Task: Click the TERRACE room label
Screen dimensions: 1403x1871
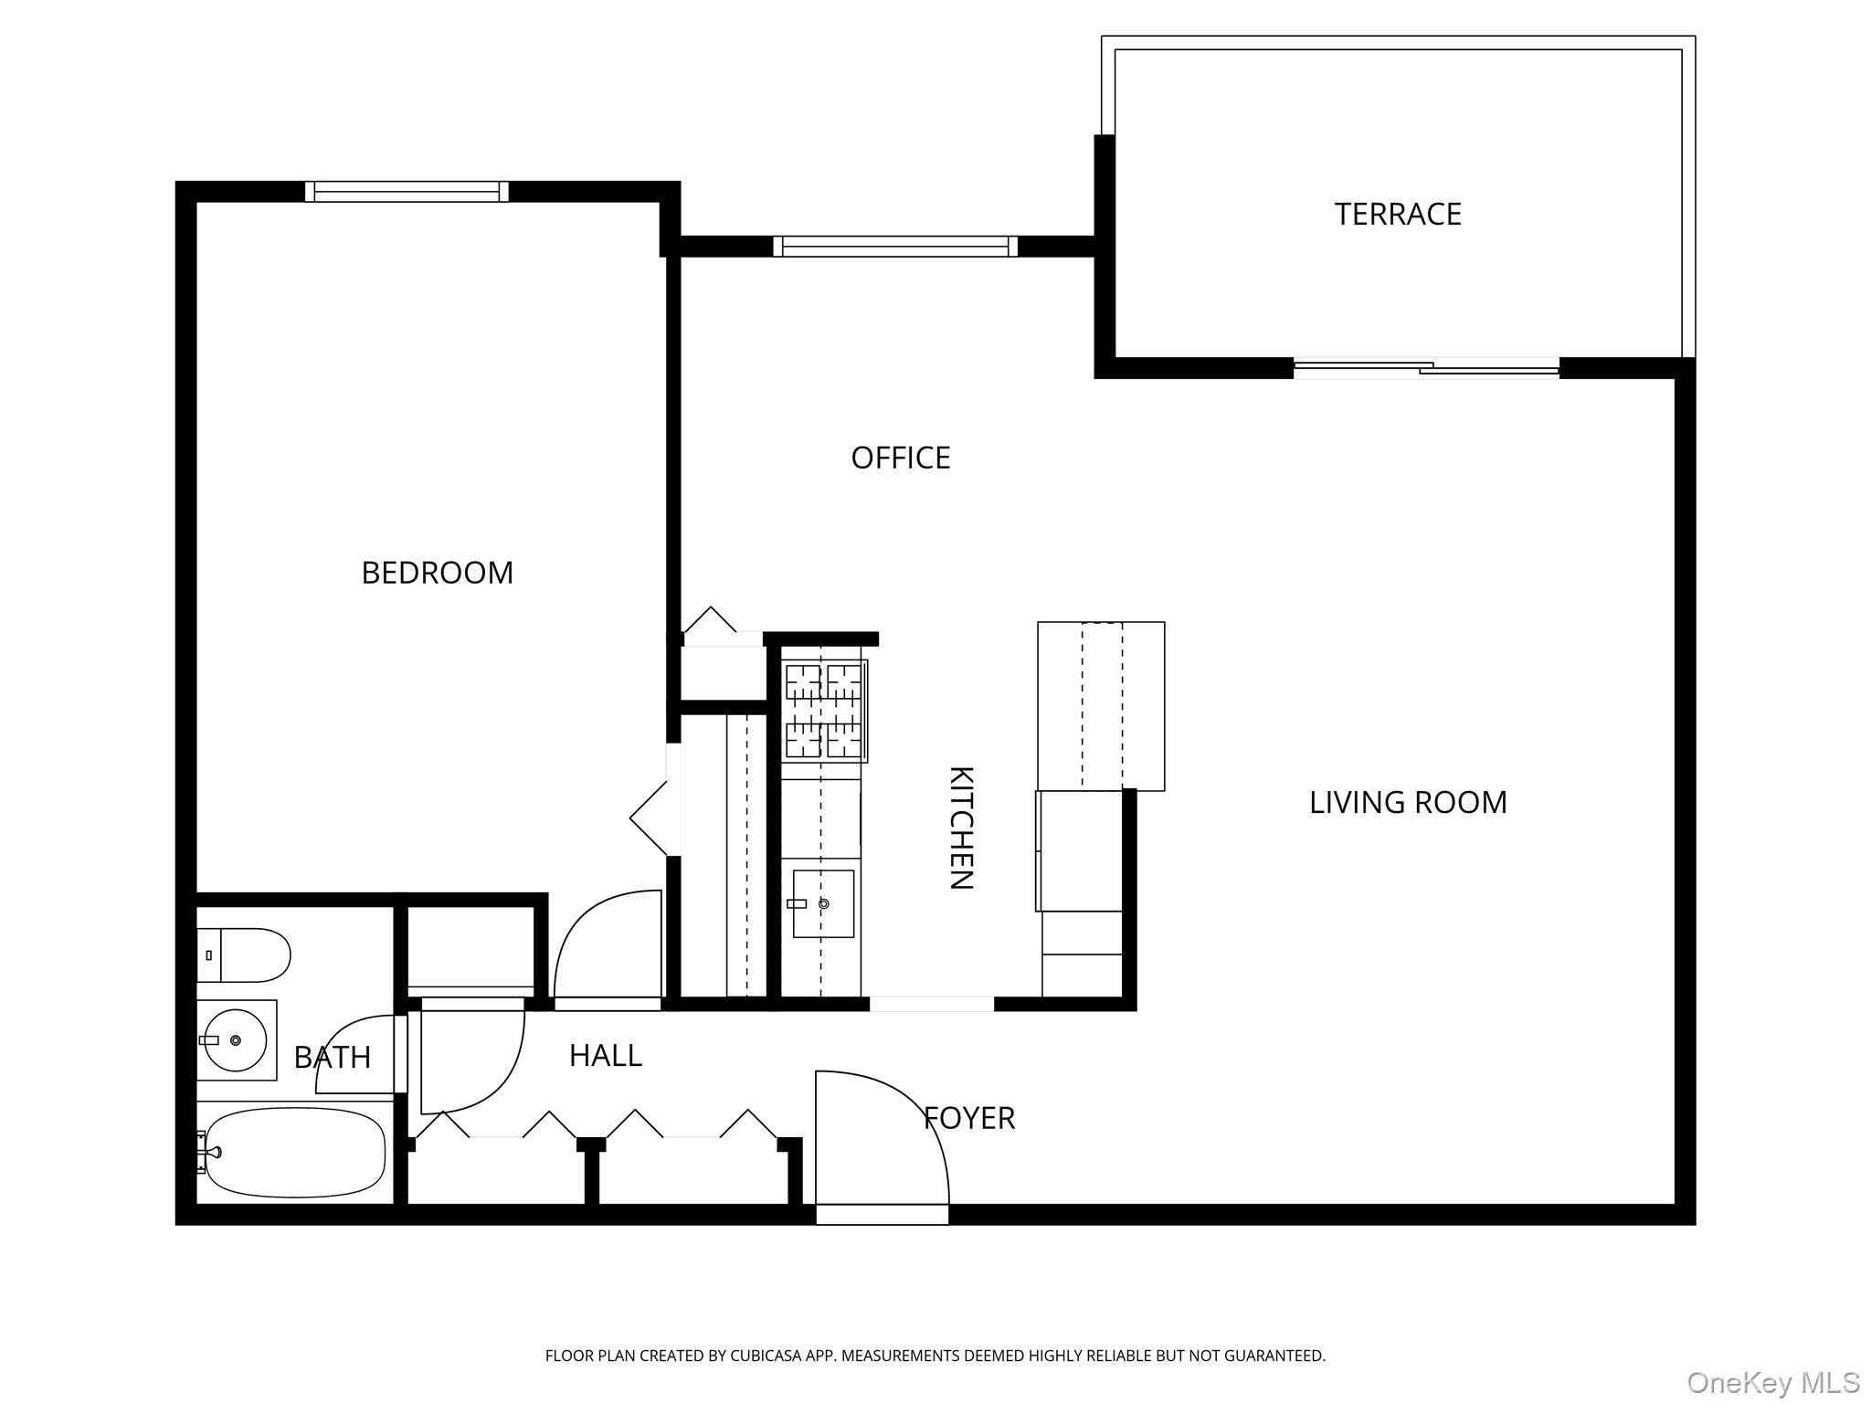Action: pyautogui.click(x=1397, y=214)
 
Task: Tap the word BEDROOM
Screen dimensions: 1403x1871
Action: pyautogui.click(x=437, y=573)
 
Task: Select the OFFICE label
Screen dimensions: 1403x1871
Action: pyautogui.click(x=900, y=458)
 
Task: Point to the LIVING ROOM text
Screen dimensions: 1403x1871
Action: pyautogui.click(x=1407, y=802)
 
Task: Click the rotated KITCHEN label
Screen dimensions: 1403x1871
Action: pyautogui.click(x=961, y=828)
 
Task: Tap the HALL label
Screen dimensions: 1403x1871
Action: pyautogui.click(x=605, y=1056)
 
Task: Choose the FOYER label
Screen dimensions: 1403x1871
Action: pyautogui.click(x=968, y=1118)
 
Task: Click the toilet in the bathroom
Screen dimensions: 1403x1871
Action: pyautogui.click(x=245, y=955)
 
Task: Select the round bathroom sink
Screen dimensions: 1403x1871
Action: pyautogui.click(x=235, y=1040)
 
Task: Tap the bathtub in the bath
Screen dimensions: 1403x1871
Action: pyautogui.click(x=294, y=1153)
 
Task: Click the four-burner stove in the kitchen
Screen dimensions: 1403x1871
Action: pyautogui.click(x=823, y=711)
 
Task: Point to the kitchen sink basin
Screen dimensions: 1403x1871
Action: pyautogui.click(x=823, y=903)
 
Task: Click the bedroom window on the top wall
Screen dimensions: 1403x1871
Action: pyautogui.click(x=407, y=192)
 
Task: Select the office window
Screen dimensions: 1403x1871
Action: pyautogui.click(x=894, y=247)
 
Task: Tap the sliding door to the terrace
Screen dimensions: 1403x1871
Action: pyautogui.click(x=1425, y=369)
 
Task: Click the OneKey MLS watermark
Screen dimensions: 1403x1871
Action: pyautogui.click(x=1772, y=1383)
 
